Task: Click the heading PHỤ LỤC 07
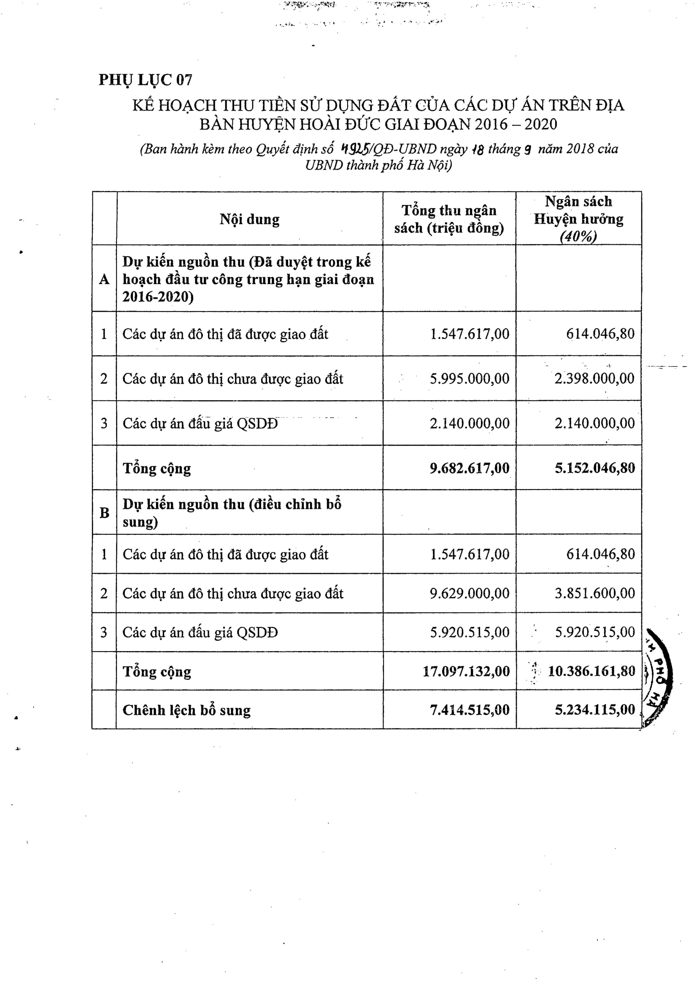(146, 80)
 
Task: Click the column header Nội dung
(249, 219)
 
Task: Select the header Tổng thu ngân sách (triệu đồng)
(448, 219)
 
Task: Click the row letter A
(104, 279)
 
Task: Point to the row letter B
(104, 513)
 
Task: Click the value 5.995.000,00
(469, 379)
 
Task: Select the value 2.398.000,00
(594, 379)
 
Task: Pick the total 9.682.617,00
(469, 468)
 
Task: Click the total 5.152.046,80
(594, 468)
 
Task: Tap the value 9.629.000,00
(469, 593)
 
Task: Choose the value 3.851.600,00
(594, 593)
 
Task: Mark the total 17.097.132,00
(466, 671)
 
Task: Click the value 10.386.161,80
(591, 671)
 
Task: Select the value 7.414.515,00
(469, 709)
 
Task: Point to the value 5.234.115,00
(594, 709)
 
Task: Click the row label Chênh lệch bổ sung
(186, 710)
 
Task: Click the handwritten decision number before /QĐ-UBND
(356, 149)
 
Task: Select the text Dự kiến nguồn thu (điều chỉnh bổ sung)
(232, 513)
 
